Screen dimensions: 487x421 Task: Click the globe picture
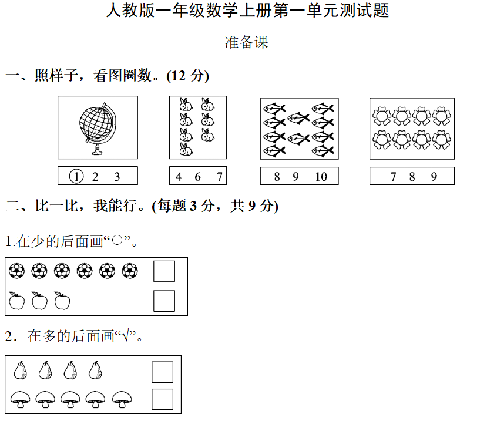tap(97, 128)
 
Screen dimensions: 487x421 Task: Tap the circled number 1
tap(76, 176)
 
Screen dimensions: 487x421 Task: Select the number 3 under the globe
tap(117, 176)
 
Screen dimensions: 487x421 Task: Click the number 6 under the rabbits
tap(197, 176)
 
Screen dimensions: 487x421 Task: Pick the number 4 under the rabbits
tap(179, 176)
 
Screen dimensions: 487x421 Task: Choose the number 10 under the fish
tap(321, 176)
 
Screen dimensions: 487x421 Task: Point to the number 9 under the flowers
tap(434, 176)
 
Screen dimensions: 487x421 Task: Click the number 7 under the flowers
tap(393, 176)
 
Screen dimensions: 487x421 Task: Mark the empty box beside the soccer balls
tap(164, 271)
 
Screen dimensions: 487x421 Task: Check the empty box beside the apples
tap(164, 301)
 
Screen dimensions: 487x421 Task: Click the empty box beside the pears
tap(163, 372)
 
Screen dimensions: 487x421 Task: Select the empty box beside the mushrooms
tap(163, 399)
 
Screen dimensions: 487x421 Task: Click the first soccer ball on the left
tap(17, 271)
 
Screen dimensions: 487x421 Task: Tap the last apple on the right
tap(62, 301)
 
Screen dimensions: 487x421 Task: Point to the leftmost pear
tap(20, 371)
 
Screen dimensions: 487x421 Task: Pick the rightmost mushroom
tap(122, 399)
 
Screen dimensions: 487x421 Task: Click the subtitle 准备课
tap(246, 42)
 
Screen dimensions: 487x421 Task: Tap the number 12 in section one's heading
tap(179, 76)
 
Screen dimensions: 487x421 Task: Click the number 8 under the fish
tap(277, 176)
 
